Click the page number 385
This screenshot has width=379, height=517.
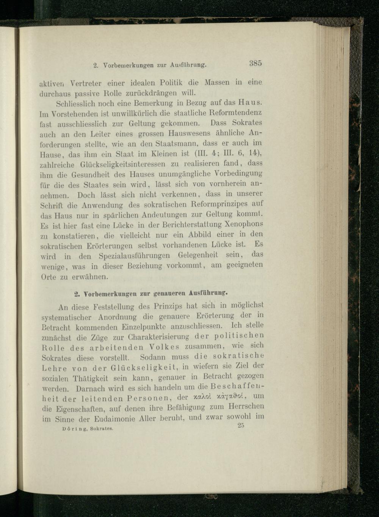pos(255,63)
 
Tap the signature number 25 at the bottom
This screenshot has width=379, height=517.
pos(240,425)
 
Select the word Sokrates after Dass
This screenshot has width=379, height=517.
pos(247,123)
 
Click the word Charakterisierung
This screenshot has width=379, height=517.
pos(159,337)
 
